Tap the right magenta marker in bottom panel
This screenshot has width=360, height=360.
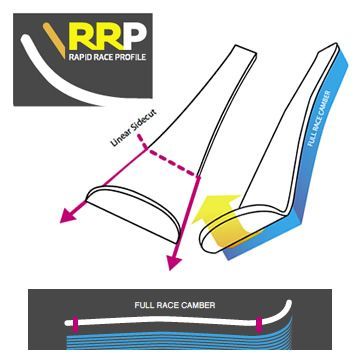coord(259,323)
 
